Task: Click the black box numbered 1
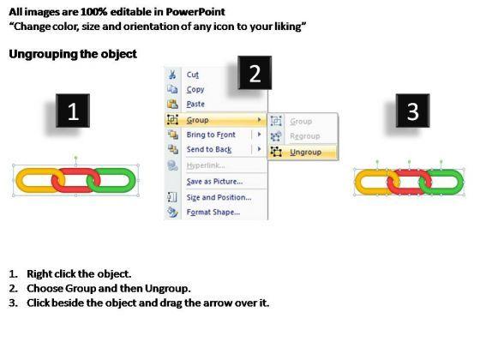point(73,111)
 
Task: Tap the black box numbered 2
point(255,73)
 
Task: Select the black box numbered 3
point(412,111)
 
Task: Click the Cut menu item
point(193,75)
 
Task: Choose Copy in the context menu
point(195,89)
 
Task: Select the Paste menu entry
point(195,104)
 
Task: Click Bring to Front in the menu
point(211,135)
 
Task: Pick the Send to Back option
point(209,149)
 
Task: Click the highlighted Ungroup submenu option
point(305,153)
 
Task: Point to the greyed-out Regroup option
point(305,136)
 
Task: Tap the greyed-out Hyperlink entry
point(206,165)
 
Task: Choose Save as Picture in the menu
point(214,182)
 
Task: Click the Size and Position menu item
point(219,197)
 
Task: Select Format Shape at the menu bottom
point(213,213)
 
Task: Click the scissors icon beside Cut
point(172,75)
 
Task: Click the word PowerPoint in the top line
point(195,12)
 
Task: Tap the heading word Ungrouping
point(43,55)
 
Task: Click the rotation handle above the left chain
point(76,158)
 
